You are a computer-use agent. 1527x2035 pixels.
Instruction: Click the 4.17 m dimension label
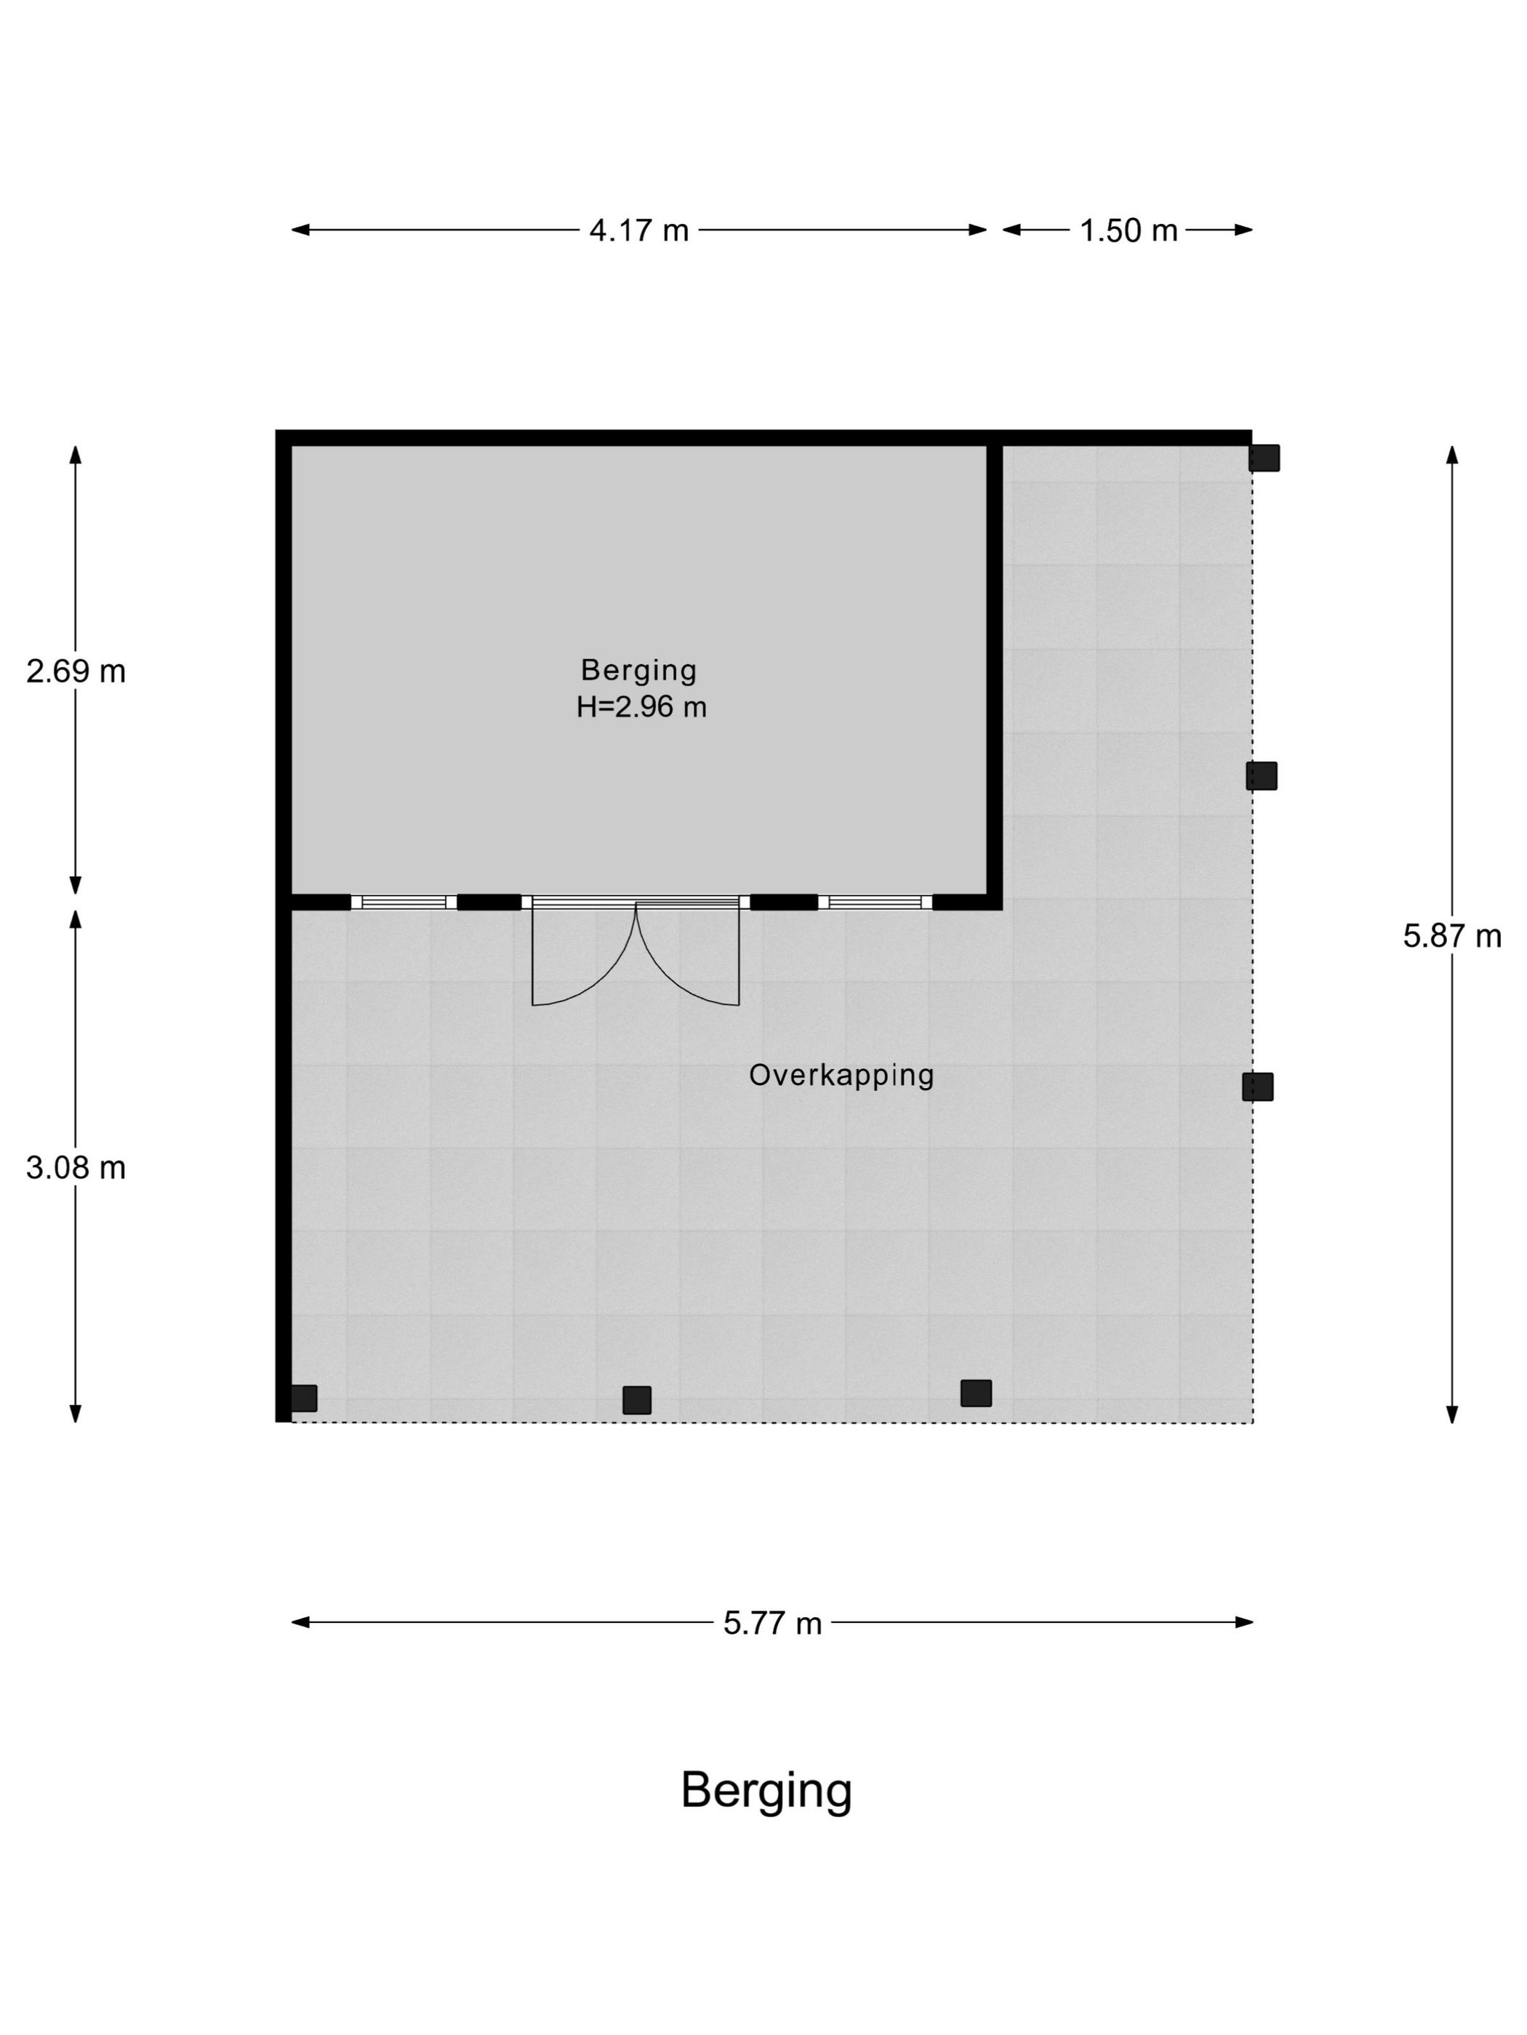coord(638,230)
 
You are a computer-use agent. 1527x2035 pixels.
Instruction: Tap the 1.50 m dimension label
coord(1129,230)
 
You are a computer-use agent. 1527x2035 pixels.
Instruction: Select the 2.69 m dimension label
coord(76,672)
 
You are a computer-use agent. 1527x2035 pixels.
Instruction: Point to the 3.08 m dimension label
coord(76,1167)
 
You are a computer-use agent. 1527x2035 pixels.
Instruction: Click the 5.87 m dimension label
coord(1451,935)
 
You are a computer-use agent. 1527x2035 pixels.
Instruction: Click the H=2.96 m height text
coord(641,706)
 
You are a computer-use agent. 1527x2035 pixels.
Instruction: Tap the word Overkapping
coord(841,1074)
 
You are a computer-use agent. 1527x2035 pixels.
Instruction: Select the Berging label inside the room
coord(638,670)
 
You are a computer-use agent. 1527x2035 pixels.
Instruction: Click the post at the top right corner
coord(1264,457)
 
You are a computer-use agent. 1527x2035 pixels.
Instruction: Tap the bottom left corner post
coord(304,1398)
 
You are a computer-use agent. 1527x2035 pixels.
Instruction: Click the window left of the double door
coord(404,902)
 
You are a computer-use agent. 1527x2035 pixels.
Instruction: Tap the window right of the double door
coord(875,902)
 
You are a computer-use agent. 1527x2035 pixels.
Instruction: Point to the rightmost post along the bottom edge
coord(976,1393)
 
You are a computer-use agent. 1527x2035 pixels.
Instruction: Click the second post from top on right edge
coord(1262,775)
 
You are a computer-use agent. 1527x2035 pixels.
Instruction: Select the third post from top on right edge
coord(1257,1087)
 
